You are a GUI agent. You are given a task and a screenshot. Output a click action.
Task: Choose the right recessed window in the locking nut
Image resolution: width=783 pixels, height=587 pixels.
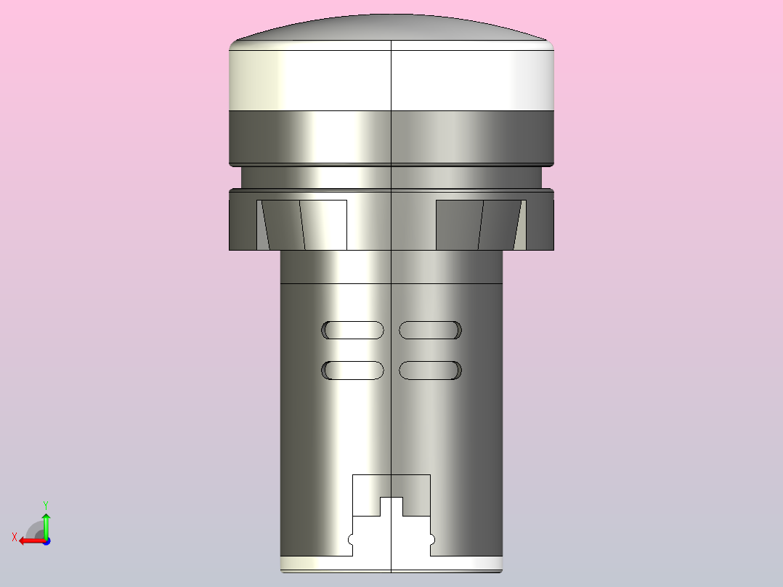(x=479, y=224)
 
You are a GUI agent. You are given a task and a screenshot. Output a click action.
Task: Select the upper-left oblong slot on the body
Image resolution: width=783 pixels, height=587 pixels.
(x=353, y=331)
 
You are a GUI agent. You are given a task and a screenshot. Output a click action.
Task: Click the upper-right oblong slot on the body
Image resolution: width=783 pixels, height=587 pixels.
(x=430, y=331)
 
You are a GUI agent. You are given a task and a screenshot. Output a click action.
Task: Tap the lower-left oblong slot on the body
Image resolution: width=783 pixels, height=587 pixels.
(x=353, y=371)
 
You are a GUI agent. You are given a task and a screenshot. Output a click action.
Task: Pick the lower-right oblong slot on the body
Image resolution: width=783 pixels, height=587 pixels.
(x=430, y=371)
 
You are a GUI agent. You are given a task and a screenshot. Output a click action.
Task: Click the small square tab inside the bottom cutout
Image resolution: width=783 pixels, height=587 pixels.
(x=391, y=506)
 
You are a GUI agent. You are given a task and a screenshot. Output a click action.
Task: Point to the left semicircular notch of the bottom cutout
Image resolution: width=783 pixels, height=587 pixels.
(x=352, y=540)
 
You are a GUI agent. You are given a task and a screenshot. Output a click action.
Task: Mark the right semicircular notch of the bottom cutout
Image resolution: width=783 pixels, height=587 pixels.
(x=431, y=540)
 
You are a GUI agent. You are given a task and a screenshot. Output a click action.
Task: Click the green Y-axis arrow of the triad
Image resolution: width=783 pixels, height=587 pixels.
(x=46, y=522)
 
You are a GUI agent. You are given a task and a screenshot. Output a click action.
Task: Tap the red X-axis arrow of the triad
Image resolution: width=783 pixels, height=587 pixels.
(x=29, y=541)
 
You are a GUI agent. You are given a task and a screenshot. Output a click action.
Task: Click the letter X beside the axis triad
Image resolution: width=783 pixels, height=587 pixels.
(x=15, y=538)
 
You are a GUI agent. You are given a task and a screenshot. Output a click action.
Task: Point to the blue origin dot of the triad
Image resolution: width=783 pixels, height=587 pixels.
(x=46, y=541)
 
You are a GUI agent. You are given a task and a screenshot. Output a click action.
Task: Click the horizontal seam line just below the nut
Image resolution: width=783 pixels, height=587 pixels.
(x=327, y=283)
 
